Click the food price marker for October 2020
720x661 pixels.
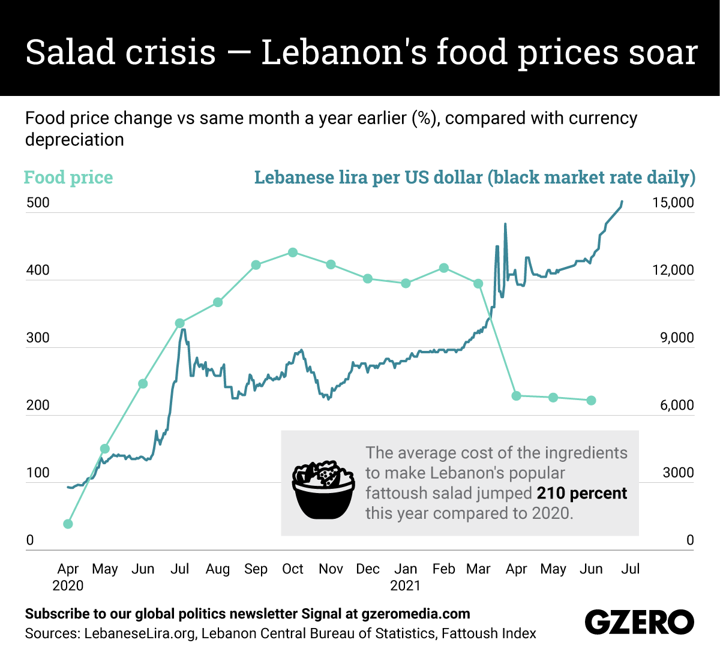[293, 253]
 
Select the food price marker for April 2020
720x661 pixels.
[68, 524]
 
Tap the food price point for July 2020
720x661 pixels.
[179, 323]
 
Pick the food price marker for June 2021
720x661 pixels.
[591, 400]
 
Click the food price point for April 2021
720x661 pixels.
[516, 396]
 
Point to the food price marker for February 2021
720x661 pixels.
[444, 268]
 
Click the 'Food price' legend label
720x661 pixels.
[68, 178]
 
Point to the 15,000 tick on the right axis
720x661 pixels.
[673, 203]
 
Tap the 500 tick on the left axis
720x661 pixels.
[38, 203]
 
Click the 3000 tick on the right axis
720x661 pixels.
[678, 473]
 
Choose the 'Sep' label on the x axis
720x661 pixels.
[256, 569]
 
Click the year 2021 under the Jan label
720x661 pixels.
[406, 585]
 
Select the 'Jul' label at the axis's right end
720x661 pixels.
[630, 569]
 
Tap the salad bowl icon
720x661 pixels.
[323, 490]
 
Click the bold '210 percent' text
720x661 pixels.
[581, 493]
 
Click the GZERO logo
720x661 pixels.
[639, 622]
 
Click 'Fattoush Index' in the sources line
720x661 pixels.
[488, 633]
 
